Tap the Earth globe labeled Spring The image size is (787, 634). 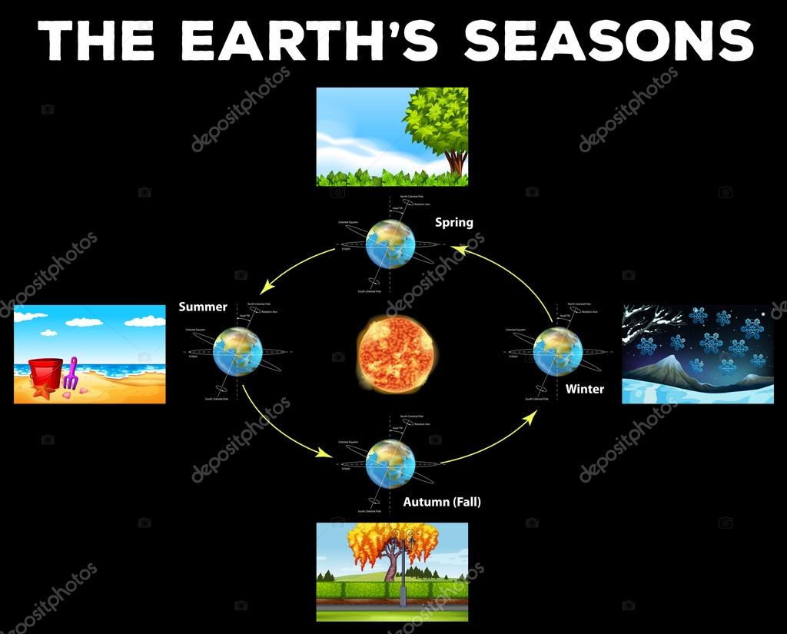pyautogui.click(x=390, y=244)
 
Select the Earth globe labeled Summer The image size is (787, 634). pyautogui.click(x=238, y=351)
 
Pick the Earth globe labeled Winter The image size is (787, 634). pyautogui.click(x=557, y=351)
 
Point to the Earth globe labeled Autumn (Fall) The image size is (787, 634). pyautogui.click(x=390, y=463)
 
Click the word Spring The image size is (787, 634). pyautogui.click(x=454, y=223)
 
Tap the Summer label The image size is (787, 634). pyautogui.click(x=203, y=307)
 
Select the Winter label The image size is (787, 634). pyautogui.click(x=585, y=389)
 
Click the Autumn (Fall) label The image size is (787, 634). pyautogui.click(x=442, y=502)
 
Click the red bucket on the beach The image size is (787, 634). pyautogui.click(x=45, y=373)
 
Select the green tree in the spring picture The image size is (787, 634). pyautogui.click(x=438, y=123)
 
